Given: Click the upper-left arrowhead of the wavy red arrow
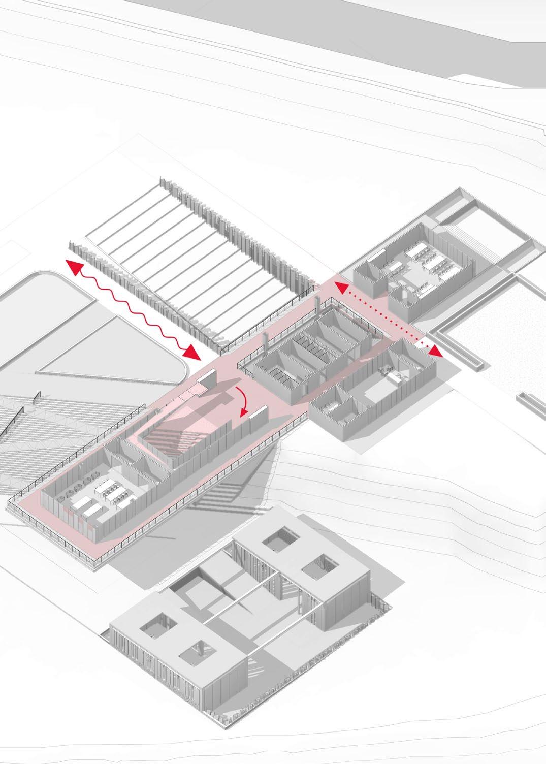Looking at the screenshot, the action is [72, 266].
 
